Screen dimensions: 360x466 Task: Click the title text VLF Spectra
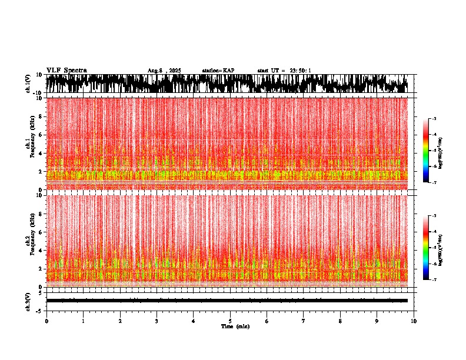[x=66, y=71]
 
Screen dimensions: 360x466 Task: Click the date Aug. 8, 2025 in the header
[x=164, y=71]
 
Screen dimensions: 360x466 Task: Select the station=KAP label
[x=218, y=71]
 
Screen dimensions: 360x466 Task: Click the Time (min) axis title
[x=235, y=326]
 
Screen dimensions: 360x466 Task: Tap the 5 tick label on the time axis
[x=230, y=321]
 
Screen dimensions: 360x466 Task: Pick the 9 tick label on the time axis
[x=377, y=321]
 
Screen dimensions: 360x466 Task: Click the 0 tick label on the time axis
[x=46, y=321]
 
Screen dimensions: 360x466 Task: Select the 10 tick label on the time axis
[x=414, y=321]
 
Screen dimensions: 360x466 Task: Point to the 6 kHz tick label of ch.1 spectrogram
[x=40, y=135]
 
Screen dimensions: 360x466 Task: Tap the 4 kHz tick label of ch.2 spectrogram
[x=40, y=250]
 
